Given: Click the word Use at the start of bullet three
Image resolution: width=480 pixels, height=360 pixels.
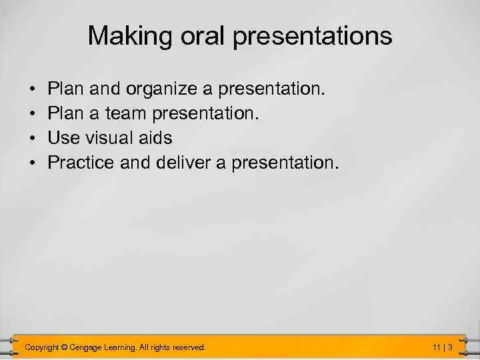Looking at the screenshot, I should (64, 138).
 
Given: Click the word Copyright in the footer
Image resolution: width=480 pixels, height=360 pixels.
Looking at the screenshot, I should (42, 347).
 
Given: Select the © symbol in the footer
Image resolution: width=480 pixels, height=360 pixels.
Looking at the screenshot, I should (67, 347).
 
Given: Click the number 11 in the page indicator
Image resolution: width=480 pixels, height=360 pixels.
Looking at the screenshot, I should (437, 347).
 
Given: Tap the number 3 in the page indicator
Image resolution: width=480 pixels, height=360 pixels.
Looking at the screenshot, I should (451, 347).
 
